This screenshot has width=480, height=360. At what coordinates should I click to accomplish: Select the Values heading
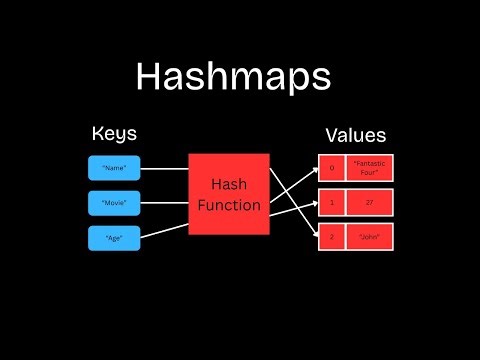click(355, 136)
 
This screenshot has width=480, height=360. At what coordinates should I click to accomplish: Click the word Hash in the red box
click(229, 185)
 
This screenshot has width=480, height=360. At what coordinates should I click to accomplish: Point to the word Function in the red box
click(229, 206)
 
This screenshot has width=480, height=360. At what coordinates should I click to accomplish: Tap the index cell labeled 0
click(331, 168)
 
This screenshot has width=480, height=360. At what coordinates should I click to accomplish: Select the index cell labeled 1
click(331, 203)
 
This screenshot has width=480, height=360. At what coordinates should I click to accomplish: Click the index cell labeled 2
click(331, 238)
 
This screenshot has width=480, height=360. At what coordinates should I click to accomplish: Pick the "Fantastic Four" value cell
click(370, 168)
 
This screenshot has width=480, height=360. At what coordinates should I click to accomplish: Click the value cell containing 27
click(370, 203)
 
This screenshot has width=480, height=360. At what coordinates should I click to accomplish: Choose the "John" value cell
click(370, 238)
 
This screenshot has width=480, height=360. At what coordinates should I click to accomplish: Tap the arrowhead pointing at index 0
click(312, 169)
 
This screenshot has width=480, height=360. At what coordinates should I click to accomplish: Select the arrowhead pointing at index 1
click(312, 204)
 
